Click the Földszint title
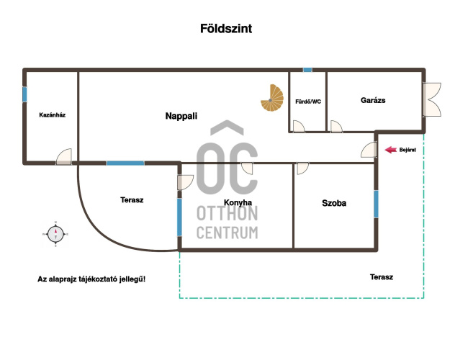(x=226, y=28)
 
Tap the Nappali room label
(x=181, y=116)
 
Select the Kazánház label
(x=53, y=115)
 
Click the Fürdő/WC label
(x=308, y=102)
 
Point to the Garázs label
(x=373, y=100)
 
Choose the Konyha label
(x=238, y=202)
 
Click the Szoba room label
(x=334, y=203)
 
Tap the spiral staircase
(x=272, y=98)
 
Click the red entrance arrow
(x=391, y=150)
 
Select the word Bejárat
(x=407, y=150)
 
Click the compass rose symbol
(x=55, y=234)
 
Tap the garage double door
(x=432, y=99)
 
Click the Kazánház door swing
(x=64, y=157)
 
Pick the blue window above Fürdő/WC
(x=307, y=70)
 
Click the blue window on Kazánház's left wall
(x=24, y=94)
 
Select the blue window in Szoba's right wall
(x=376, y=204)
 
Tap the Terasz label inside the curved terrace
(x=132, y=200)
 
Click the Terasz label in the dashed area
(x=382, y=277)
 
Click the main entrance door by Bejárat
(x=369, y=150)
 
